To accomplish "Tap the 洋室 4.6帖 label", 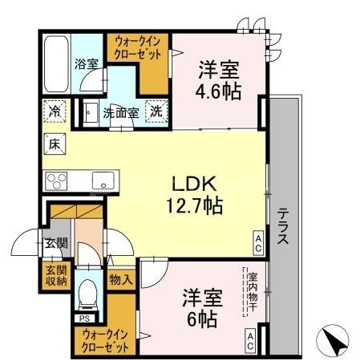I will (219, 79).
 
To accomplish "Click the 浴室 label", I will (86, 63).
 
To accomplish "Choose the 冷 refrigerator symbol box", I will (55, 110).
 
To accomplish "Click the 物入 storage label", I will (120, 280).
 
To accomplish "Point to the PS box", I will (83, 318).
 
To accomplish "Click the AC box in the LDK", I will (259, 240).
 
